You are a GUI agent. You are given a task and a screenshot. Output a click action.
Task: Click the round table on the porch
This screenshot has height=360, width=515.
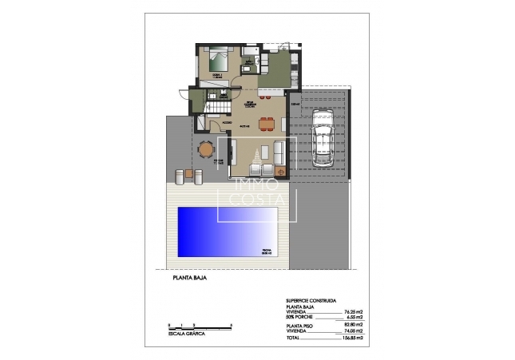[207, 148]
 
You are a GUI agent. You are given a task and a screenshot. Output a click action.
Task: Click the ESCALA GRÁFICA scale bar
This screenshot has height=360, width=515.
[200, 326]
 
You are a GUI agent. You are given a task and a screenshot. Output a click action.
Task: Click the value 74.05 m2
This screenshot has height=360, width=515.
[351, 330]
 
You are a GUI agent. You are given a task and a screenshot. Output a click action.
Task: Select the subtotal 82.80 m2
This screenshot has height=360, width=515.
[351, 324]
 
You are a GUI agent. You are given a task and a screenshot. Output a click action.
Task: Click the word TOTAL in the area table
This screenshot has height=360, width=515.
[294, 337]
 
